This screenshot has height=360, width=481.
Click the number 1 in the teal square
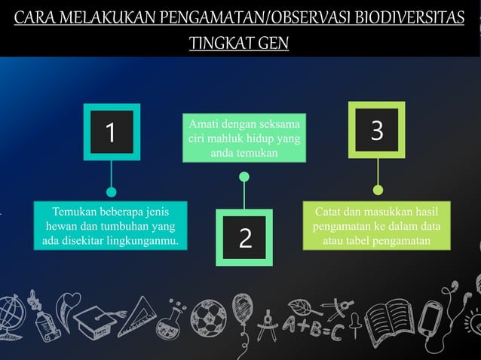pyautogui.click(x=111, y=133)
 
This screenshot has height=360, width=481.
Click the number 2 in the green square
pyautogui.click(x=245, y=238)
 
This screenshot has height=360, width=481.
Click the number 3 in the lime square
pyautogui.click(x=377, y=130)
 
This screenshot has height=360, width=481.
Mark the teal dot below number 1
pyautogui.click(x=112, y=191)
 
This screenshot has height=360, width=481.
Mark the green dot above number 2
pyautogui.click(x=244, y=177)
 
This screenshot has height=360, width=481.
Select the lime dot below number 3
pyautogui.click(x=378, y=189)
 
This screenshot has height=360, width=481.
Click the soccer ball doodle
pyautogui.click(x=207, y=316)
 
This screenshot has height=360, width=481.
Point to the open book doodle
pyautogui.click(x=388, y=316)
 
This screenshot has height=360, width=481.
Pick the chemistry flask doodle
pyautogui.click(x=170, y=320)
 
